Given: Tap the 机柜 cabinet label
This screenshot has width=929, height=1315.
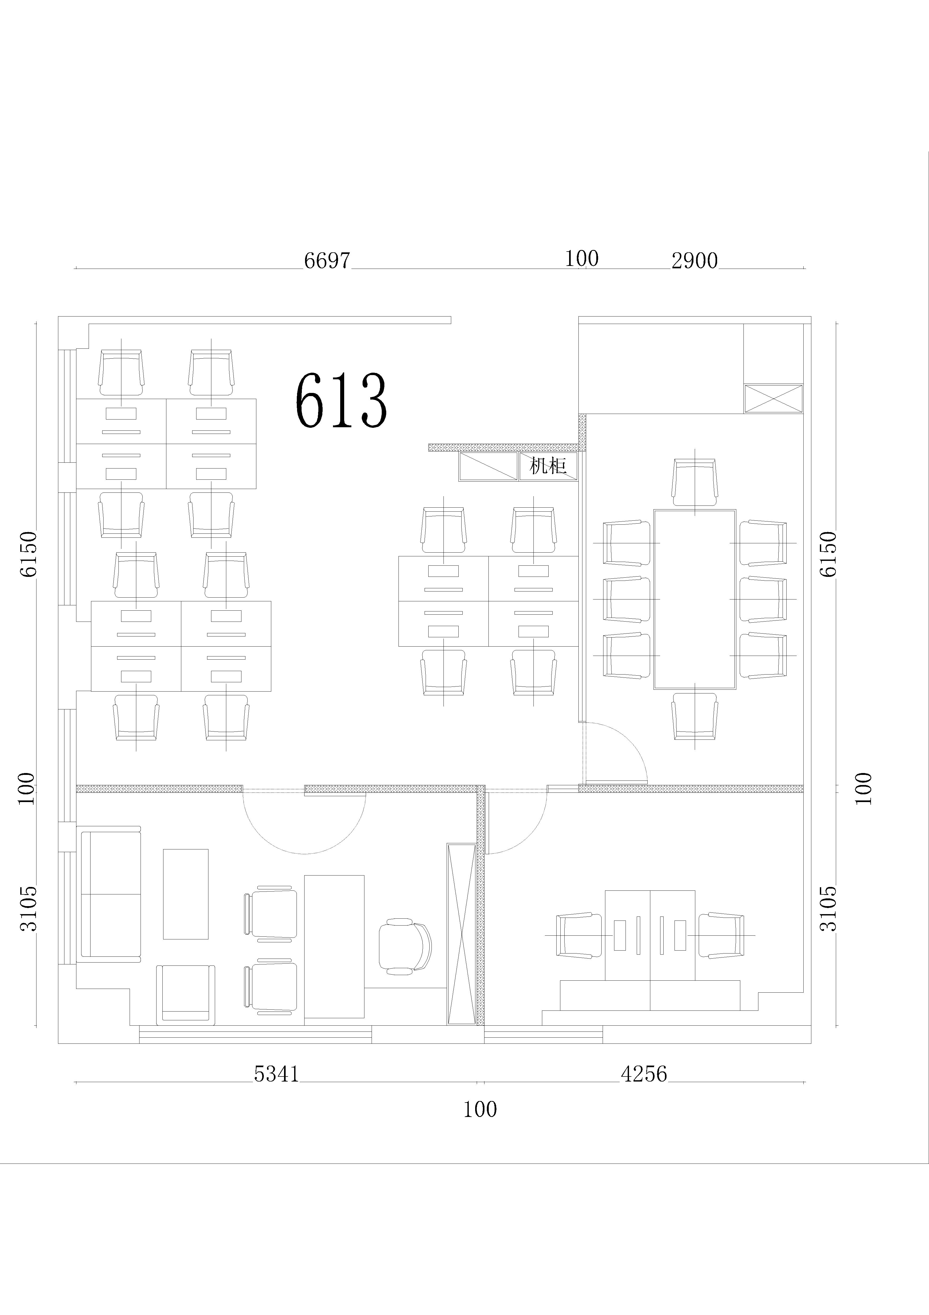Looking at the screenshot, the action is pos(548,466).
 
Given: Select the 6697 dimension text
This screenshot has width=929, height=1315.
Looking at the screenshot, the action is pos(326,261).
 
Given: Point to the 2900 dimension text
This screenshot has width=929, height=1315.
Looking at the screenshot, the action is pos(694,261).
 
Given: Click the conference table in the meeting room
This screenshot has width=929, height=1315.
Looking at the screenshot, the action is pos(695,599).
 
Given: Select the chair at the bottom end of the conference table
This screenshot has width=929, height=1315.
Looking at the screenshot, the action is pos(695,717).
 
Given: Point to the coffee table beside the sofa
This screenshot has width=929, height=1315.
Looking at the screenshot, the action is pos(186,894).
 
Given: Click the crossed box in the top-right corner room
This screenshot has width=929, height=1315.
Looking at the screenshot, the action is pos(773,398).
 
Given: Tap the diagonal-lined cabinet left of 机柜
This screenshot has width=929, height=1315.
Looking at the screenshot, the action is pos(488,466).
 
